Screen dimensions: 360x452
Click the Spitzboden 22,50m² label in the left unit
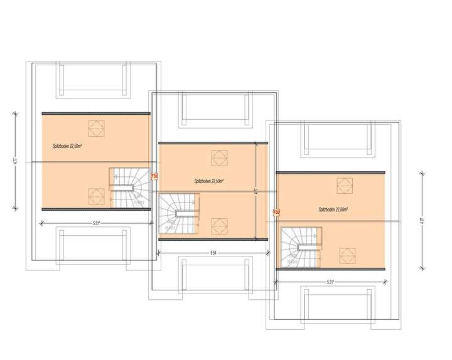69,146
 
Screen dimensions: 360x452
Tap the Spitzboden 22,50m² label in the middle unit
210,181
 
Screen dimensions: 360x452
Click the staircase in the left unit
129,187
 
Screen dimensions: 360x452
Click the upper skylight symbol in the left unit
95,127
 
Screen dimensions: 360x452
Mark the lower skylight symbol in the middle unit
218,223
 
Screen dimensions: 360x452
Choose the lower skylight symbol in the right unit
344,255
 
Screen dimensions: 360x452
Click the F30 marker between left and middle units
154,177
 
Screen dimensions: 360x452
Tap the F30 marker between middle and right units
276,213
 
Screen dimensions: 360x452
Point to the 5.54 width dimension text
213,253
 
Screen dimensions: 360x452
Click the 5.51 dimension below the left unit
96,223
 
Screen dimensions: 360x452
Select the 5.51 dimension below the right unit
334,282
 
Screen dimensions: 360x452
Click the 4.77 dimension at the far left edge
14,161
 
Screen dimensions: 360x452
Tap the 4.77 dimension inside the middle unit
256,191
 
